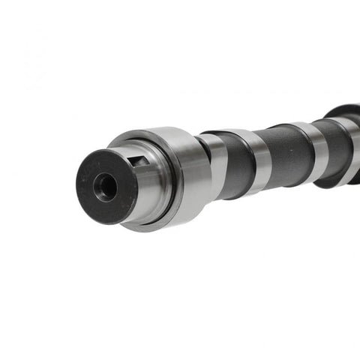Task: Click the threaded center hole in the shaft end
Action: point(106,186)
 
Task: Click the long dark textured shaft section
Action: point(289,154)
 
